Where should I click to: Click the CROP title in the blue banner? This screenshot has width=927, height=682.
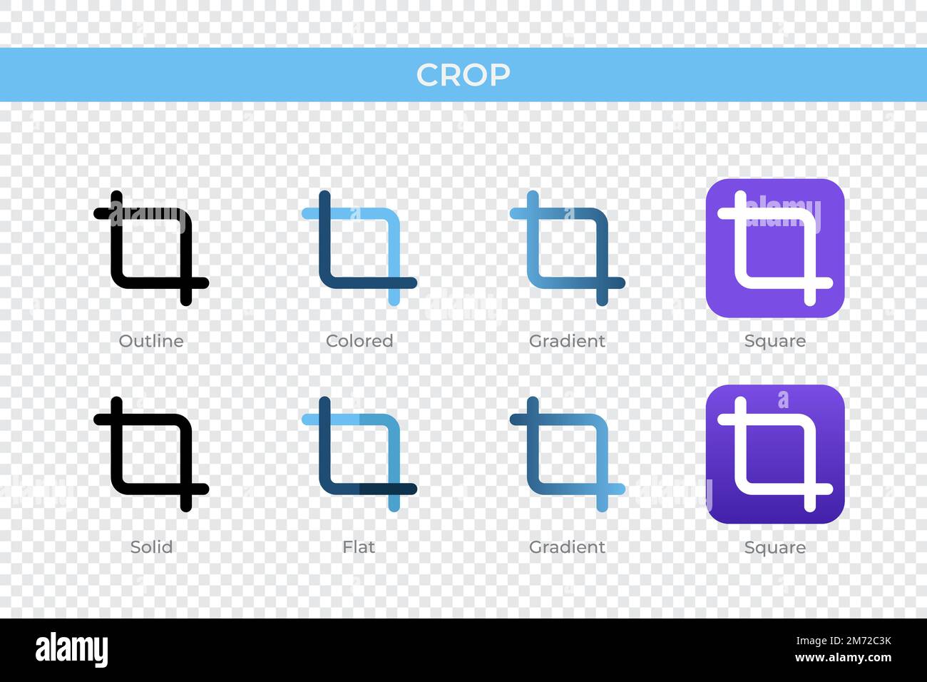tap(463, 75)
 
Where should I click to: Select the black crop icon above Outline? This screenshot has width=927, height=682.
tap(151, 248)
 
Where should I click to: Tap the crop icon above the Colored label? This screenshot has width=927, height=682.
tap(359, 248)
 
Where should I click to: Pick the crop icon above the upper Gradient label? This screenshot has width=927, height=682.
tap(568, 248)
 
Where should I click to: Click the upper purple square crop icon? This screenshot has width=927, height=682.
tap(775, 248)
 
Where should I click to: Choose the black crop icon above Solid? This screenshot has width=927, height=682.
tap(151, 454)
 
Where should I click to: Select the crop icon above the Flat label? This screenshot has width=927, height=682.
tap(359, 454)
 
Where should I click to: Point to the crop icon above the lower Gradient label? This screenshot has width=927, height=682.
tap(568, 454)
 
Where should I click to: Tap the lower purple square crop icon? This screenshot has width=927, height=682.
tap(775, 454)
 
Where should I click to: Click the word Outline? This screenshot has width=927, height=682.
tap(151, 341)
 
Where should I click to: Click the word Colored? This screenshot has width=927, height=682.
tap(359, 341)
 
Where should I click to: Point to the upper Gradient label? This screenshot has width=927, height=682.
tap(567, 341)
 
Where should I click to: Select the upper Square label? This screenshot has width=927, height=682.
tap(775, 341)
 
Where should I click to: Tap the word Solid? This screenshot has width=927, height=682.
tap(151, 547)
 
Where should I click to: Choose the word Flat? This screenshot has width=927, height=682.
tap(359, 547)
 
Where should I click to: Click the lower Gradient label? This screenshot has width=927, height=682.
tap(567, 547)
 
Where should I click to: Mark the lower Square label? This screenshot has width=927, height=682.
tap(775, 547)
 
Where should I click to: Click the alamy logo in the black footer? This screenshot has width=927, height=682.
tap(72, 650)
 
